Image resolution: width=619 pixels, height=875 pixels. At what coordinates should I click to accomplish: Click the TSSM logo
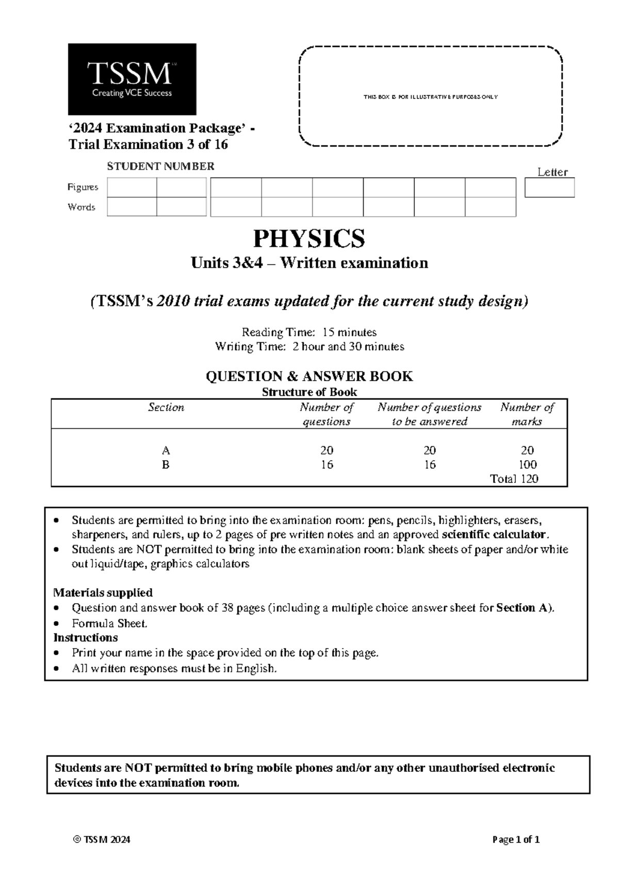click(132, 79)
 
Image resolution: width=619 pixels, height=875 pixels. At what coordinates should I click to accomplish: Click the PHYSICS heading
click(309, 238)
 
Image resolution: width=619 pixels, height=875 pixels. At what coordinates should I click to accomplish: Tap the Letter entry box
click(549, 188)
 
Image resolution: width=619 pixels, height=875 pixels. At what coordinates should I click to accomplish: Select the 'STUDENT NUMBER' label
click(160, 166)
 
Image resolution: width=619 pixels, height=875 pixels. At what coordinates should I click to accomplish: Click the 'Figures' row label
click(83, 187)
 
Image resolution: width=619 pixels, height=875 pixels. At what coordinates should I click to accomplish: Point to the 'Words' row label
click(82, 207)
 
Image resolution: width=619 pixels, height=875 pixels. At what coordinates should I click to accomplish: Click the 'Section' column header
click(166, 408)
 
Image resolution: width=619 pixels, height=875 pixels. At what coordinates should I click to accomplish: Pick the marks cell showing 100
click(528, 464)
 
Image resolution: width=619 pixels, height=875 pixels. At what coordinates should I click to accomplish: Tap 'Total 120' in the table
click(514, 479)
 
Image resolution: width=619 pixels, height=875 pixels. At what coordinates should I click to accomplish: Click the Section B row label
click(166, 464)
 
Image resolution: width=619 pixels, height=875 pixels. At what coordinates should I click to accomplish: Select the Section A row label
click(166, 450)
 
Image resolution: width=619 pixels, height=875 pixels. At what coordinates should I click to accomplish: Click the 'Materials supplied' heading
click(103, 592)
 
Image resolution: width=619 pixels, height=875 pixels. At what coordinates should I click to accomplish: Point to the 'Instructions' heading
click(86, 637)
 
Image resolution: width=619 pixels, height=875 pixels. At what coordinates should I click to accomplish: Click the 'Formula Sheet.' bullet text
click(109, 623)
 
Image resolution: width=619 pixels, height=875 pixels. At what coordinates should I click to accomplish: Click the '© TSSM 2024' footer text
click(102, 839)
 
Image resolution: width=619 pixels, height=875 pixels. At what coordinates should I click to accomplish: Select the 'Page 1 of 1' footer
click(516, 839)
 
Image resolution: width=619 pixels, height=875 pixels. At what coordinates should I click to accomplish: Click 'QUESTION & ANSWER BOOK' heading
click(309, 377)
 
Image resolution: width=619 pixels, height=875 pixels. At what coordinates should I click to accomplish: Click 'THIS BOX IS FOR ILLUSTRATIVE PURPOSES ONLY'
click(430, 97)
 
